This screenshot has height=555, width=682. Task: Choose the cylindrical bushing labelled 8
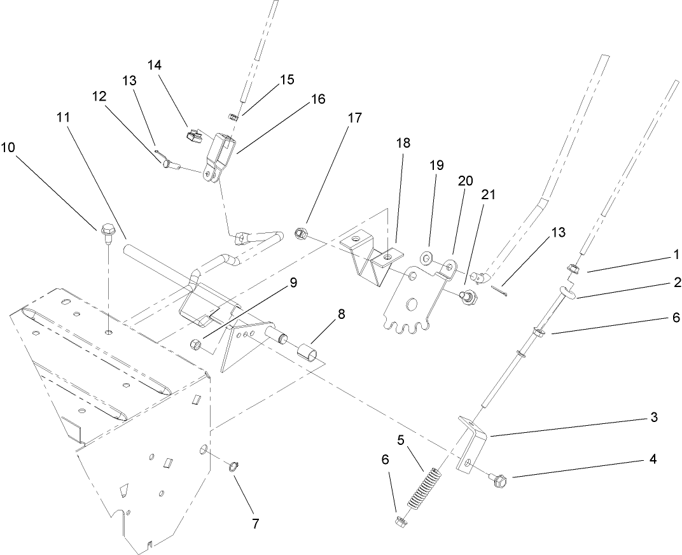click(308, 351)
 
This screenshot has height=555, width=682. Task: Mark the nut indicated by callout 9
click(196, 345)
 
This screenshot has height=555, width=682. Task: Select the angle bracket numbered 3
click(471, 442)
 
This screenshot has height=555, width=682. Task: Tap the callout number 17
click(354, 118)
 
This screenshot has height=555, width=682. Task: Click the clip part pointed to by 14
click(191, 134)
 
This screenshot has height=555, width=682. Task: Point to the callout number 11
click(62, 117)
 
